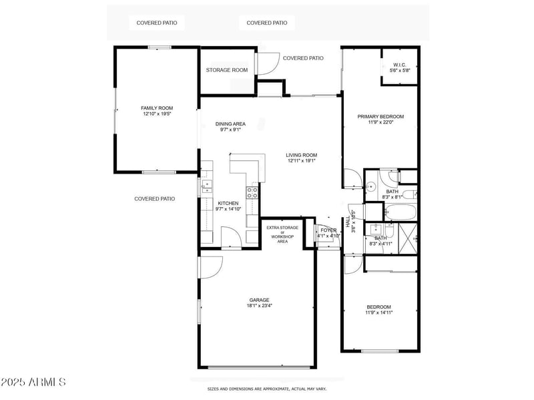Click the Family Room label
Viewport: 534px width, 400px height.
[x=157, y=108]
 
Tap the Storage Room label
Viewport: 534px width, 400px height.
[x=226, y=70]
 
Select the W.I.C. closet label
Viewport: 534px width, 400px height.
[x=399, y=65]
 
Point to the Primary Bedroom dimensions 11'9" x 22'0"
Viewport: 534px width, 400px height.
[x=380, y=122]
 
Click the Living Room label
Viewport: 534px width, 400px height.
[x=302, y=155]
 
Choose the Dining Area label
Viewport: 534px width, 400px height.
[x=230, y=124]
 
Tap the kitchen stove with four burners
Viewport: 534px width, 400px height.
[x=252, y=192]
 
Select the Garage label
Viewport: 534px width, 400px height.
[x=260, y=301]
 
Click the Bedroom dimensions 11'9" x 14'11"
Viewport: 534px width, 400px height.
[x=378, y=312]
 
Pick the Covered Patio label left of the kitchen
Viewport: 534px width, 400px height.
[x=154, y=198]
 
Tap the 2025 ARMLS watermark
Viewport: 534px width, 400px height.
[x=33, y=383]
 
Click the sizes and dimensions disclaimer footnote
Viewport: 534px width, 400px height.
[x=266, y=388]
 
